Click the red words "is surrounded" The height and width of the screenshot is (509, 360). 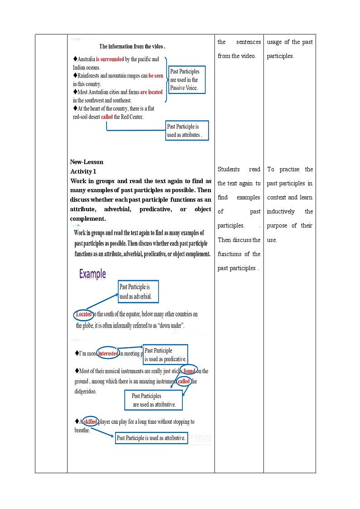point(110,59)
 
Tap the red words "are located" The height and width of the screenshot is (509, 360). point(151,92)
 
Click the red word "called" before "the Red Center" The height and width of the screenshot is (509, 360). point(107,117)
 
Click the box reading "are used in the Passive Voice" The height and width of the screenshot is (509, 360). point(187,80)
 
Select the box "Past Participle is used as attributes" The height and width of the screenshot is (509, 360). point(187,131)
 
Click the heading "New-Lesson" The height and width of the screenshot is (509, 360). point(87,162)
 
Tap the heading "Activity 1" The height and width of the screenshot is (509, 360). point(83,171)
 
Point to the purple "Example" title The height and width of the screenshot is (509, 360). point(92,274)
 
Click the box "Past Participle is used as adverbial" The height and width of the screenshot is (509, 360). point(138,292)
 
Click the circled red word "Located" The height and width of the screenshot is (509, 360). point(83,314)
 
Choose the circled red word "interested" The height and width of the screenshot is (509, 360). point(108,354)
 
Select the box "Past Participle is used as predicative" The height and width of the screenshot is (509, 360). point(165,354)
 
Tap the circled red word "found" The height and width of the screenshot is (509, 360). point(189,371)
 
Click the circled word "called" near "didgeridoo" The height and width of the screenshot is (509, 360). point(184,382)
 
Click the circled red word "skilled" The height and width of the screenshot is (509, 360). point(91,422)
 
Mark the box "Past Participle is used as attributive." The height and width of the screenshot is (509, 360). point(151,438)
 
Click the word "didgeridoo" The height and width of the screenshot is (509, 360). point(86,392)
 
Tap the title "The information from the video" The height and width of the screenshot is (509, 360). point(132,46)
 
